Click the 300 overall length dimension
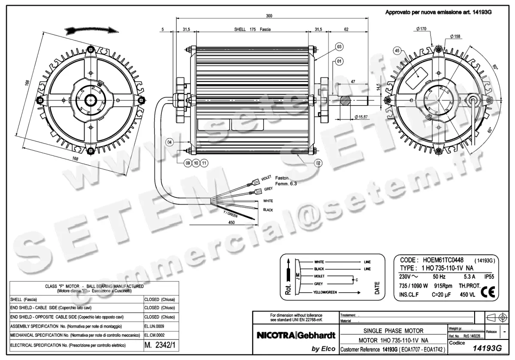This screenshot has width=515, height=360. pyautogui.click(x=269, y=16)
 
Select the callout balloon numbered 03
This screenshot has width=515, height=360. pyautogui.click(x=339, y=46)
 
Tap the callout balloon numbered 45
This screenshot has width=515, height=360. pyautogui.click(x=397, y=51)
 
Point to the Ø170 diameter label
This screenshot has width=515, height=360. pyautogui.click(x=421, y=29)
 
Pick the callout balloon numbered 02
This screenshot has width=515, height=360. pyautogui.click(x=318, y=163)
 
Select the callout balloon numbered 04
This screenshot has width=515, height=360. pyautogui.click(x=170, y=142)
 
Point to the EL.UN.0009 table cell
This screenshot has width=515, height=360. pyautogui.click(x=155, y=327)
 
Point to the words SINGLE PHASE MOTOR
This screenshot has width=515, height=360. pyautogui.click(x=393, y=331)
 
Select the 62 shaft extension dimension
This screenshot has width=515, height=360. pyautogui.click(x=346, y=30)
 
